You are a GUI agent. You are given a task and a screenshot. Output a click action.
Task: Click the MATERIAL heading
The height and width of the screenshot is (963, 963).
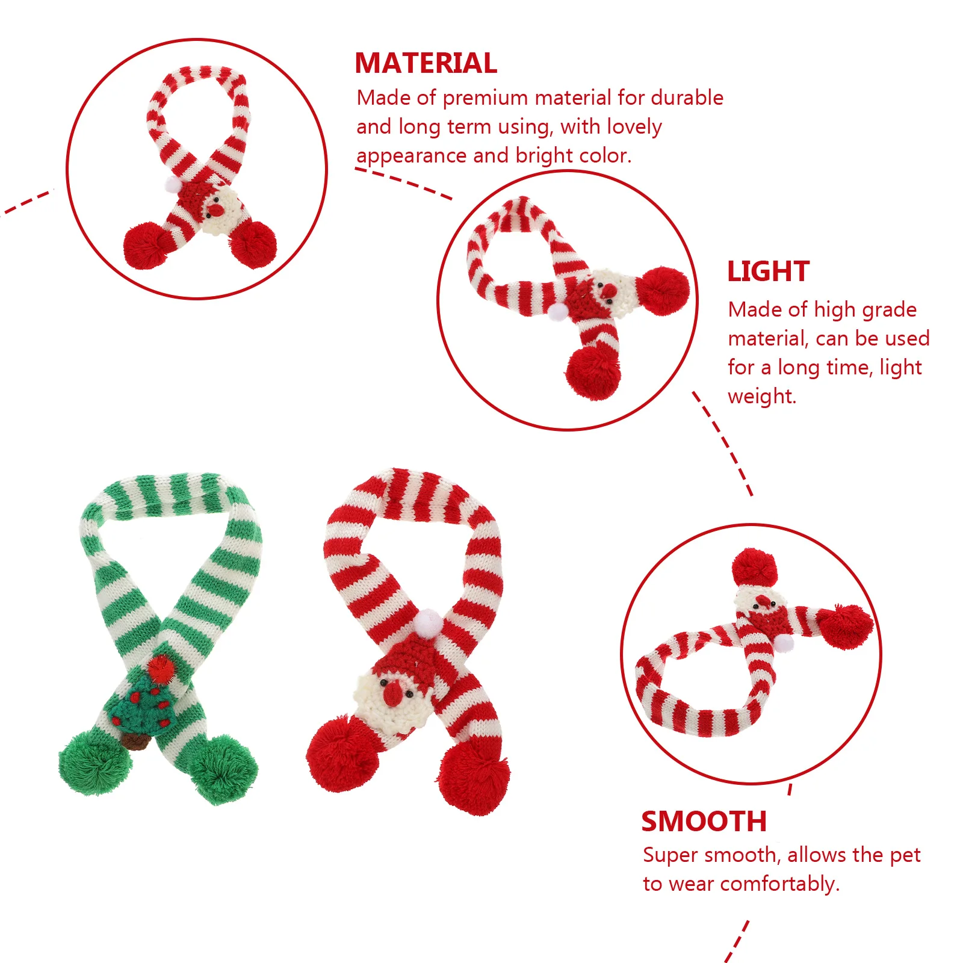[x=426, y=63]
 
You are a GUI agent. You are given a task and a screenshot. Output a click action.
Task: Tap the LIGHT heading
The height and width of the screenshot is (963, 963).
[x=768, y=271]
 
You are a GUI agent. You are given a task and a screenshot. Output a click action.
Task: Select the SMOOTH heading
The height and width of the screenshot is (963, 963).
[x=704, y=822]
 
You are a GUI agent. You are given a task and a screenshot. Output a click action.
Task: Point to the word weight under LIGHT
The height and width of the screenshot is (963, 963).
[x=761, y=397]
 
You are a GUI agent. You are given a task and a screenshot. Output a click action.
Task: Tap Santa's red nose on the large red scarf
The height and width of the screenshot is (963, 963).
[x=392, y=693]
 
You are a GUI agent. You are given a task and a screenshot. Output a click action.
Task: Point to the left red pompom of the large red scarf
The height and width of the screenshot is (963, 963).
[x=342, y=753]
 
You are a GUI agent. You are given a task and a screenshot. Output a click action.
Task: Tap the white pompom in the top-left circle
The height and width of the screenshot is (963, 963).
[x=173, y=184]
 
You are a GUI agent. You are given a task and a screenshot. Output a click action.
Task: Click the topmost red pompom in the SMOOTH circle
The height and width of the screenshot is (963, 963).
[x=755, y=568]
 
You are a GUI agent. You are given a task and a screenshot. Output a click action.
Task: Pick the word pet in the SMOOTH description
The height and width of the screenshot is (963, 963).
[x=905, y=855]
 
